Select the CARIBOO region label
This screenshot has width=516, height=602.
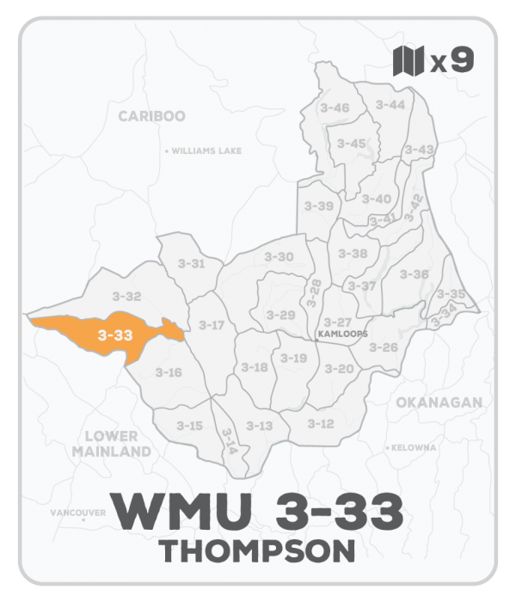[x=151, y=115]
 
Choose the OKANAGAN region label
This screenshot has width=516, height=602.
[x=439, y=402]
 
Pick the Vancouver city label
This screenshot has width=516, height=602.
[x=77, y=513]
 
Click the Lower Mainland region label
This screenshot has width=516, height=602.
[x=112, y=443]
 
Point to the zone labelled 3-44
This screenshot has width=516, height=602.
[x=390, y=104]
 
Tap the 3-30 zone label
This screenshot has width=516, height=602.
[x=278, y=256]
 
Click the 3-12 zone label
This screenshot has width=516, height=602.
[x=320, y=423]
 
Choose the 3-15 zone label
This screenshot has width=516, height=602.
[x=189, y=425]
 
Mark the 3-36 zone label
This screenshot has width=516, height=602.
[x=415, y=273]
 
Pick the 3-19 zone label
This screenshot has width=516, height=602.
[x=293, y=358]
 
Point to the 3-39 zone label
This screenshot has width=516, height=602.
[x=319, y=206]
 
